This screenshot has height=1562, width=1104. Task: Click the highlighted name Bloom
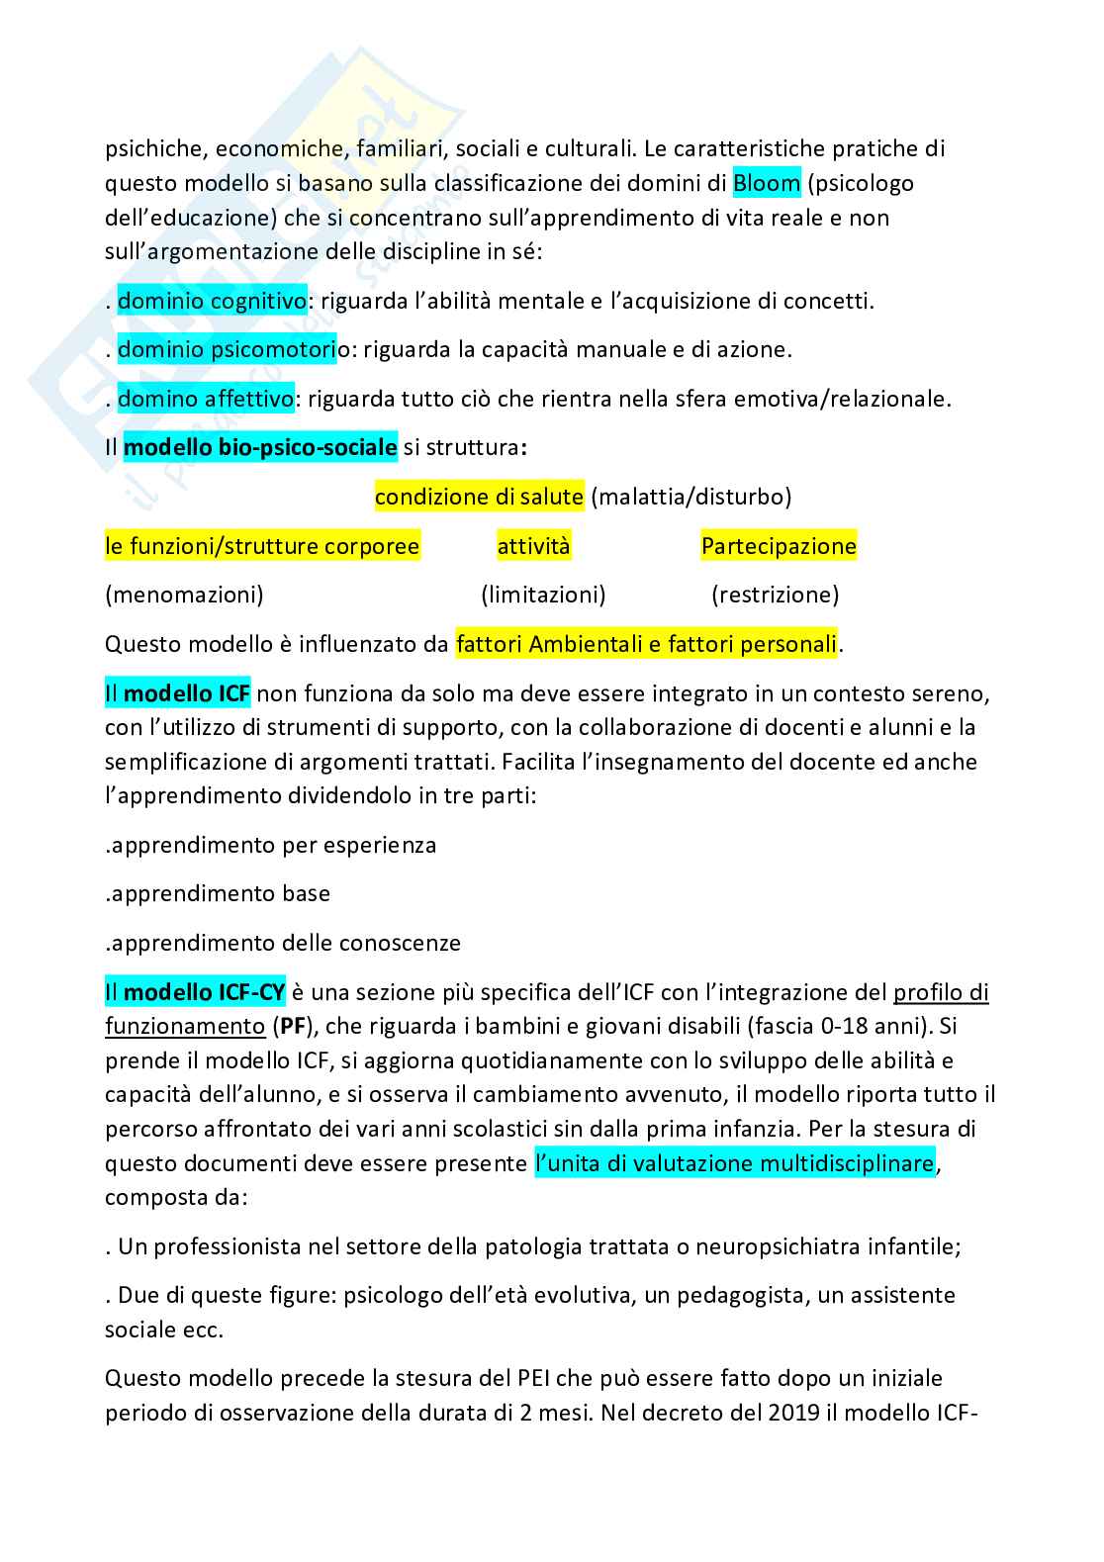click(x=767, y=183)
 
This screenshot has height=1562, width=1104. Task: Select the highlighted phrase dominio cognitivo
click(x=213, y=301)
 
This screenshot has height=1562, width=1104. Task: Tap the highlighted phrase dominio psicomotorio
click(x=232, y=349)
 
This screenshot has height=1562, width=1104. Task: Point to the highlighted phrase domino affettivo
click(x=206, y=399)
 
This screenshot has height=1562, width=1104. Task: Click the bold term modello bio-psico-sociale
click(x=260, y=447)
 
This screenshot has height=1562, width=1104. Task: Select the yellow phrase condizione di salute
click(x=479, y=496)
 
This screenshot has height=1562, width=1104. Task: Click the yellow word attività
click(x=533, y=545)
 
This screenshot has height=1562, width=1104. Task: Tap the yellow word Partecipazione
click(x=779, y=545)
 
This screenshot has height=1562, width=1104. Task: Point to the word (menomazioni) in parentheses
click(x=184, y=595)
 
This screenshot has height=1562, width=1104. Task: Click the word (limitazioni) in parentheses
click(x=543, y=595)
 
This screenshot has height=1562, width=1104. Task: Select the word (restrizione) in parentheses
click(x=775, y=595)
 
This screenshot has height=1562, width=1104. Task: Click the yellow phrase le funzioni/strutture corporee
click(x=262, y=545)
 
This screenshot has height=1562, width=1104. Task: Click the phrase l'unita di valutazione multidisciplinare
click(x=734, y=1162)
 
